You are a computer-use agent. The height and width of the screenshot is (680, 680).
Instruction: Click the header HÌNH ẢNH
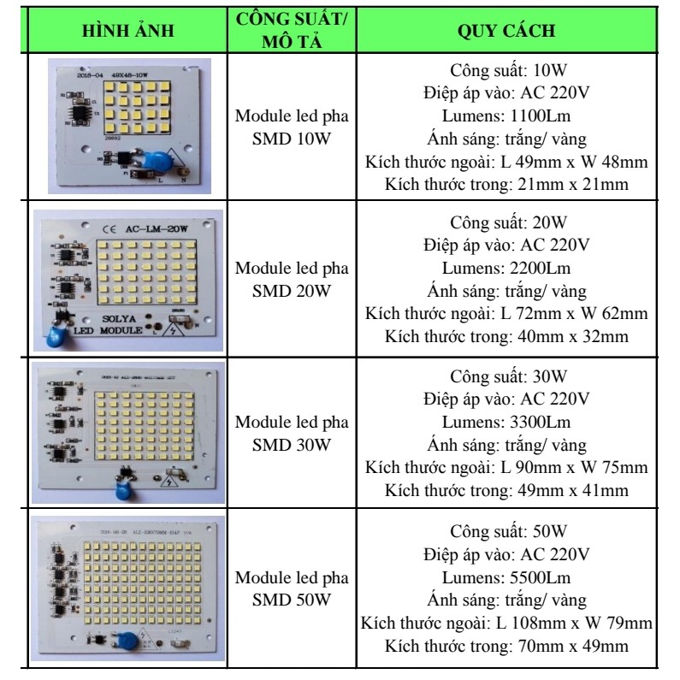pos(128,32)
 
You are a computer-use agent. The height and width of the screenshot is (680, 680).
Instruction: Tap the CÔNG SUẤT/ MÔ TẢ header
pos(293,31)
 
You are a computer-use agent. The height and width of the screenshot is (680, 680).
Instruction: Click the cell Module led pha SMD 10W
pos(293,127)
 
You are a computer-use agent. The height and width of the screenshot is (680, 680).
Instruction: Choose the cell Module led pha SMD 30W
pos(293,434)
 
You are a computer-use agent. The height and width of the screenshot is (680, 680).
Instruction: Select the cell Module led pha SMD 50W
pos(293,587)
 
